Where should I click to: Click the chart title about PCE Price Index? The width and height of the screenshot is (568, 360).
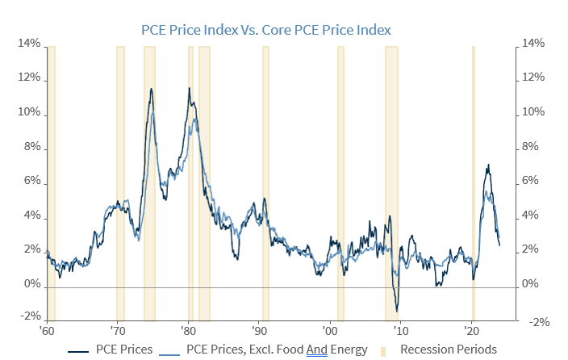click(265, 30)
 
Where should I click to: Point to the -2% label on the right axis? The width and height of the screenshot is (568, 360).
click(538, 321)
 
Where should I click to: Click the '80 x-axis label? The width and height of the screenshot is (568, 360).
click(188, 331)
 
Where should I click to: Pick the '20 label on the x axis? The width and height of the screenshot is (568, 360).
click(471, 331)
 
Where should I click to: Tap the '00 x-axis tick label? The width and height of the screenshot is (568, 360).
click(330, 331)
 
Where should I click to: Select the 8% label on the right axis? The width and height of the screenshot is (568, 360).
click(536, 148)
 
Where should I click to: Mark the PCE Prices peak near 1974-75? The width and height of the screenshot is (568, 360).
click(150, 89)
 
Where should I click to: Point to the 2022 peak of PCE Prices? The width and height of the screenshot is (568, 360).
click(487, 165)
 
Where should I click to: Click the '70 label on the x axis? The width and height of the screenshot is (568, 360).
click(117, 331)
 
